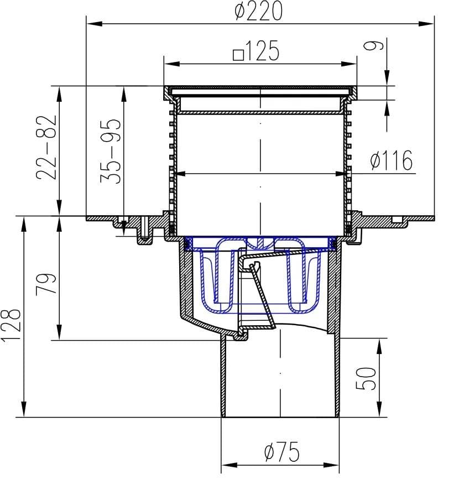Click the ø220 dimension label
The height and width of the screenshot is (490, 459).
[258, 11]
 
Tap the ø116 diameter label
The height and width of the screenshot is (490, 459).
[391, 160]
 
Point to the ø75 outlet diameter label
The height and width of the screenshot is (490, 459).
[282, 452]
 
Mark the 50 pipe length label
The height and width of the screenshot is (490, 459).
[366, 378]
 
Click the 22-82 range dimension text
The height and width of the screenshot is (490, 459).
[46, 148]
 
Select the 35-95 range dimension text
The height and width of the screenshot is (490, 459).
[110, 151]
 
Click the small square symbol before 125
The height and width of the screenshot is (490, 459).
[239, 55]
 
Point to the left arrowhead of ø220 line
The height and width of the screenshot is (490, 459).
[95, 24]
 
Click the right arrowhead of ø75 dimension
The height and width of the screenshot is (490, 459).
[331, 465]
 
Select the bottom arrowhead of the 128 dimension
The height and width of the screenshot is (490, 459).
[23, 409]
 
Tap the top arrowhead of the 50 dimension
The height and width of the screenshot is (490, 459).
[379, 346]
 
